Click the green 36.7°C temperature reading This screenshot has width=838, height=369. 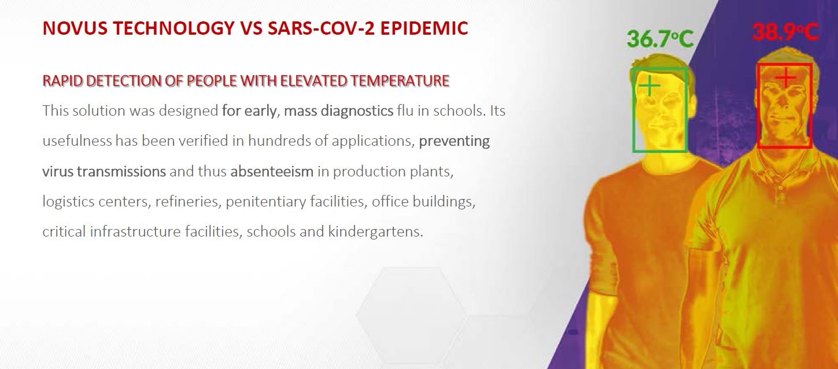click(660, 39)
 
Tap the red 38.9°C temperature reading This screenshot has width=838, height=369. click(785, 32)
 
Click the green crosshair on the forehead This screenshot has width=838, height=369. click(649, 86)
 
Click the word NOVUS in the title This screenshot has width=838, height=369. click(75, 28)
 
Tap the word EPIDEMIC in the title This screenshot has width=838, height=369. click(424, 28)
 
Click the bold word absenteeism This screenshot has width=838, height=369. click(272, 171)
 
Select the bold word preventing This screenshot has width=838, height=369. click(454, 142)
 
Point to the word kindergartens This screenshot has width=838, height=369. click(375, 232)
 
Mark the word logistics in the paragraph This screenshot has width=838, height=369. click(68, 202)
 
